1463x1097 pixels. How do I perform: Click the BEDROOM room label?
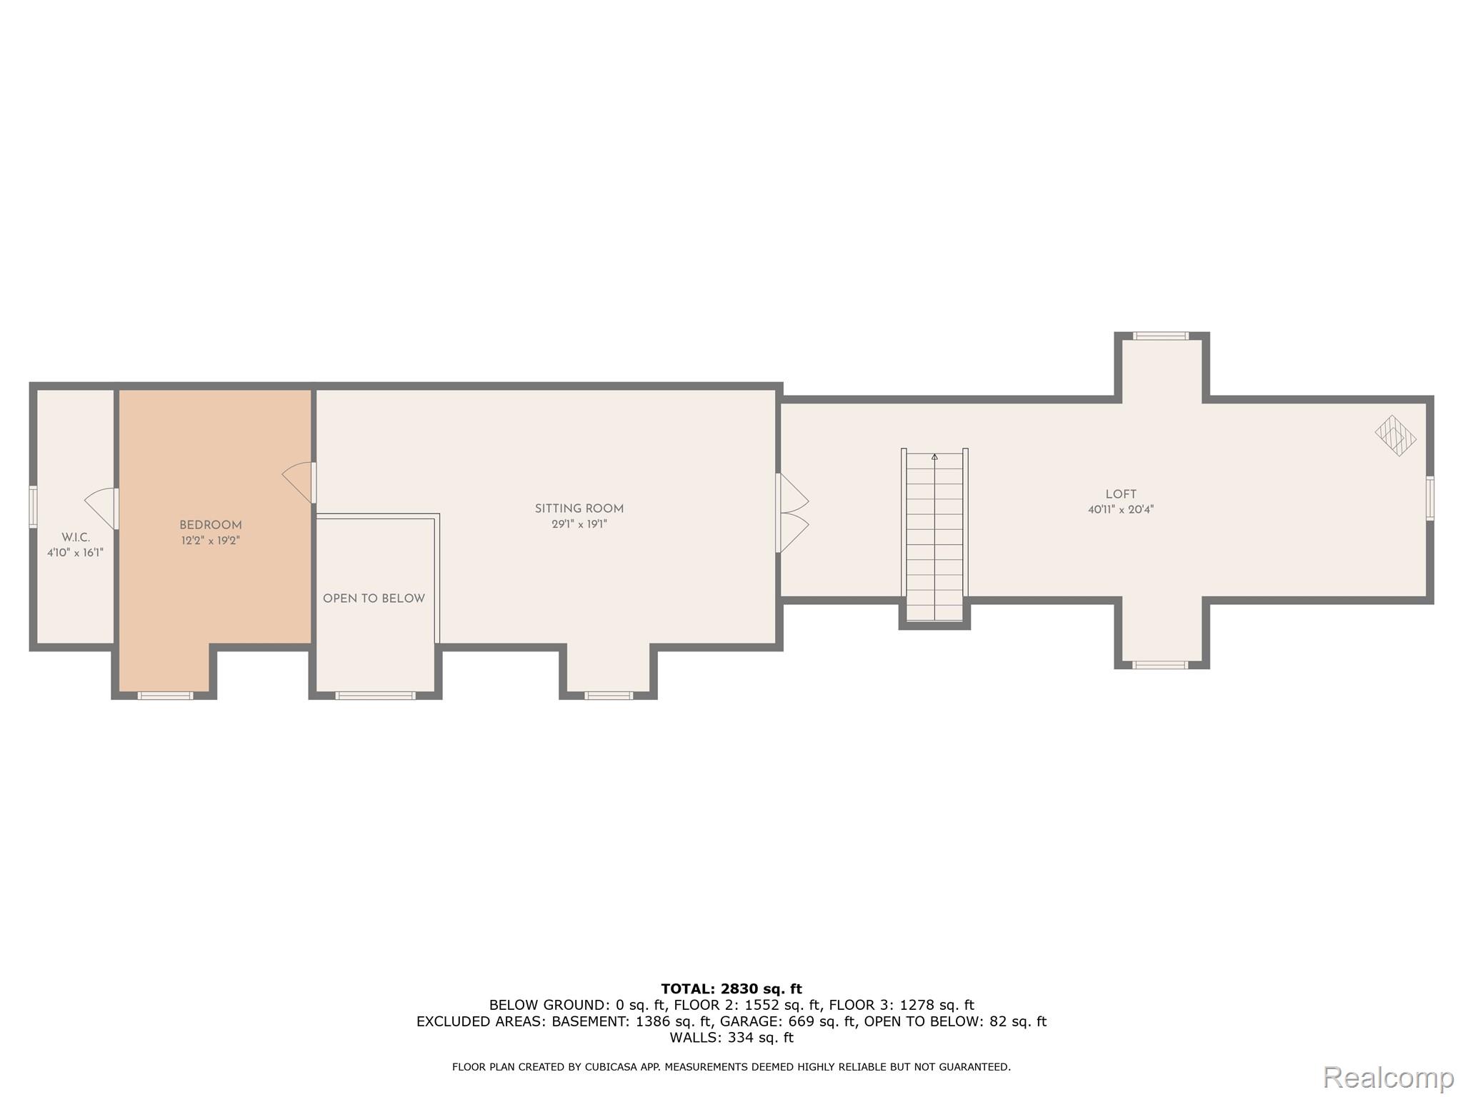point(210,525)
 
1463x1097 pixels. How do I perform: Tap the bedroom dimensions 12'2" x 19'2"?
point(210,541)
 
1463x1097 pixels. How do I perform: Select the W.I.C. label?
point(76,537)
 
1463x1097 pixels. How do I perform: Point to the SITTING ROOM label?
point(579,509)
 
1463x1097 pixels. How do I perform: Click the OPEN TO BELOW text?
point(374,598)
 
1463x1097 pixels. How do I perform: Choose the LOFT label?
point(1120,494)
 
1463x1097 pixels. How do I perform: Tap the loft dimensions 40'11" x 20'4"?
point(1120,510)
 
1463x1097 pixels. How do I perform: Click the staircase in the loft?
point(934,536)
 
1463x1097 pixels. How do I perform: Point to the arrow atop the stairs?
point(934,456)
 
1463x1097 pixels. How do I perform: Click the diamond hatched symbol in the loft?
point(1395,435)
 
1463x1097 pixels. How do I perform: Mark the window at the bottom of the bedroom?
point(165,695)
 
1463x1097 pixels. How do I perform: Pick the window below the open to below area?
point(375,695)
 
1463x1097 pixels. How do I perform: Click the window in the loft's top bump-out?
point(1160,336)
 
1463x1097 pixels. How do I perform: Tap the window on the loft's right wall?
point(1429,498)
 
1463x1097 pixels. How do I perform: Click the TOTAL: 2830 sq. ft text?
point(731,989)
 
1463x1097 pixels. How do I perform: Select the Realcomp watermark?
point(1388,1077)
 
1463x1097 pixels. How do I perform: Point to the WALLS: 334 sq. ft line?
point(731,1038)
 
